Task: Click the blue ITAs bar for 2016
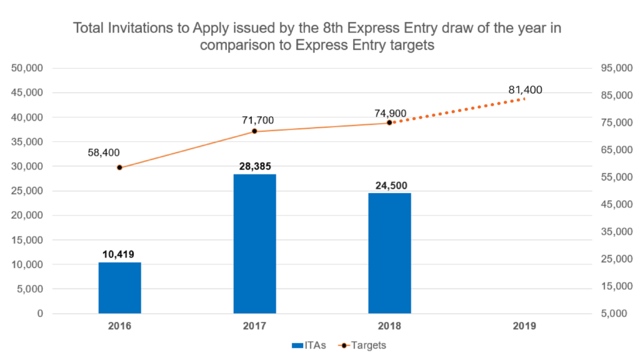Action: click(119, 287)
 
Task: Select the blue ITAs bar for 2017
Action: click(254, 244)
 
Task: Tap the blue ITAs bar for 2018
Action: click(389, 253)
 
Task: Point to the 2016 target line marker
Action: click(119, 167)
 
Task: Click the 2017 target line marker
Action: click(254, 131)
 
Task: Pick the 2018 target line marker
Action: click(389, 122)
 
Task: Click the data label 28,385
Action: click(254, 167)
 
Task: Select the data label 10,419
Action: click(119, 254)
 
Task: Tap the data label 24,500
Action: click(389, 186)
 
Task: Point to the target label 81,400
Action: click(525, 90)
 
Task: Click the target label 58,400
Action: click(103, 152)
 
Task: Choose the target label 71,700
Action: click(257, 120)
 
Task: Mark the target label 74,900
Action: click(391, 114)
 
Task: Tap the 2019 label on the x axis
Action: click(524, 326)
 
